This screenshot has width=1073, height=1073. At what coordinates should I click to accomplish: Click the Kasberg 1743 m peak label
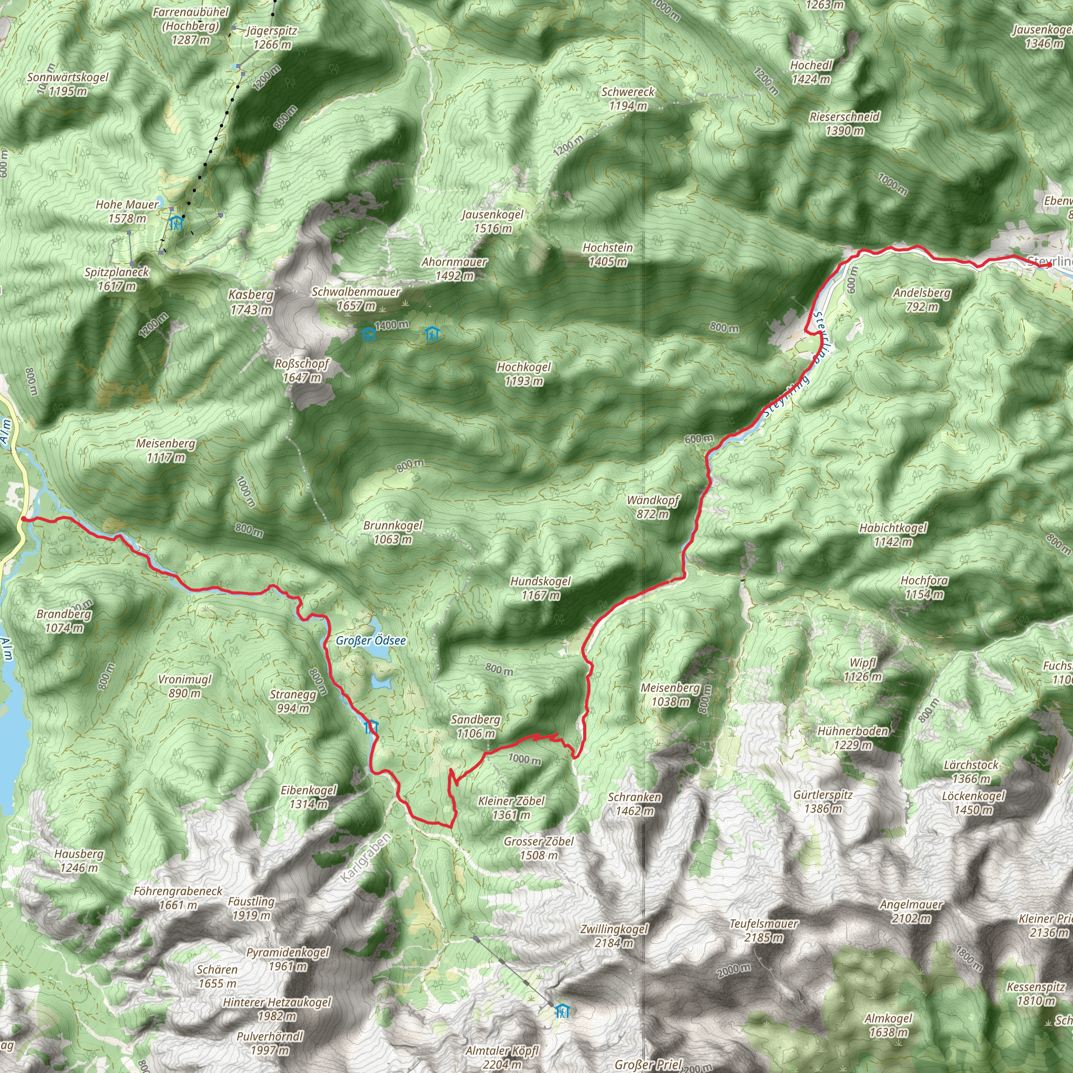coord(251,302)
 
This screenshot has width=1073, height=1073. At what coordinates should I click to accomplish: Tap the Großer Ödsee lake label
coord(370,640)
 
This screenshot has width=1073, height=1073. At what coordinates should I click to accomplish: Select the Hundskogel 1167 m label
coord(540,588)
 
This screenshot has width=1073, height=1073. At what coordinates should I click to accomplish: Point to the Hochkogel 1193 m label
coord(524,374)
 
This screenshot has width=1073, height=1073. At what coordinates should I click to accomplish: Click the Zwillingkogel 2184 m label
coord(614,935)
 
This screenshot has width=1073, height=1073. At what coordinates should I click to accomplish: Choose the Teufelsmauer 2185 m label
coord(764,930)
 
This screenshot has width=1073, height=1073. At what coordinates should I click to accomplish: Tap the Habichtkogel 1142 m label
coord(892,534)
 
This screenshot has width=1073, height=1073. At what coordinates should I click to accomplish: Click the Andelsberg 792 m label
coord(922,299)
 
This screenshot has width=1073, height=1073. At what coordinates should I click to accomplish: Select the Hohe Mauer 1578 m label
coord(127,211)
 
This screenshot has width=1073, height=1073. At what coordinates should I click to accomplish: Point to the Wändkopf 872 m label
coord(653,507)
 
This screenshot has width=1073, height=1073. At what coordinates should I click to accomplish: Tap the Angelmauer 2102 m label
coord(911,912)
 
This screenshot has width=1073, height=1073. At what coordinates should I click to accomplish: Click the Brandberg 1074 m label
coord(64,621)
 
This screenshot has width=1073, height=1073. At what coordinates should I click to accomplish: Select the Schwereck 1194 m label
coord(628,98)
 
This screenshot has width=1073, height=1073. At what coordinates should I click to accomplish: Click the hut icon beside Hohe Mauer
coord(176,223)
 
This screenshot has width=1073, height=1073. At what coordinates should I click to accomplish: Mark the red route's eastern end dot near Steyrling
coord(1048,265)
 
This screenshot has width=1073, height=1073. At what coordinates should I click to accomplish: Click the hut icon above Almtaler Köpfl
coord(563,1011)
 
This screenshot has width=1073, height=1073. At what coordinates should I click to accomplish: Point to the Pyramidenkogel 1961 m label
coord(288,959)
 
